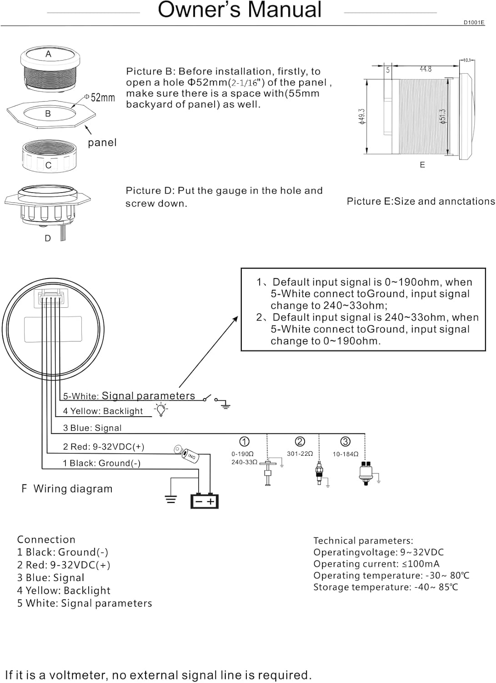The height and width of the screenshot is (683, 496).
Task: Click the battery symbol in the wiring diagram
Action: coord(204,501)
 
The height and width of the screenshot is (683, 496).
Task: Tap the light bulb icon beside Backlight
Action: coord(160,410)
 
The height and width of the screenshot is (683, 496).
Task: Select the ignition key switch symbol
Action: coord(187,454)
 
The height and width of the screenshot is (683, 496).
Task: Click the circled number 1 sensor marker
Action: coord(244,442)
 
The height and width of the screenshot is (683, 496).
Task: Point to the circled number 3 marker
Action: coord(345,442)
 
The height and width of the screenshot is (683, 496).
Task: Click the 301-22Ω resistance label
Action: coord(300,454)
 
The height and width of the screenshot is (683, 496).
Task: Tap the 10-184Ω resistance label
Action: coord(345,454)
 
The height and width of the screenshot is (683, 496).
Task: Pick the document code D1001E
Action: coord(474,22)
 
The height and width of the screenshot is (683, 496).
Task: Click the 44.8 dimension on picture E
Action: coord(425,69)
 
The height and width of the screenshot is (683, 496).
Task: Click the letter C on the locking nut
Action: coord(48,165)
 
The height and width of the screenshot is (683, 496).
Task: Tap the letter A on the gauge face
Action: coord(48,54)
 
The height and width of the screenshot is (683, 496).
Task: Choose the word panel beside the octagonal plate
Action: coord(102,143)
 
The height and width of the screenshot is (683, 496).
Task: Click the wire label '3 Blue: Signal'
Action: coord(92,428)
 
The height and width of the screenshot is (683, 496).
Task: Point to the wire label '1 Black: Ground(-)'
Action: coord(101,463)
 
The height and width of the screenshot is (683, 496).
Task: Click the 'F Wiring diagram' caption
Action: coord(67,489)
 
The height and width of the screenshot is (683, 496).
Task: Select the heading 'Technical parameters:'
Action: coord(363,540)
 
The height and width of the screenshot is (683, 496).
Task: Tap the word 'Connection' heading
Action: coord(46,540)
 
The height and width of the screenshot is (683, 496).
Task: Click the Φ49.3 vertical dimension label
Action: coord(362,117)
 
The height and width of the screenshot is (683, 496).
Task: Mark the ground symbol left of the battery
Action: coord(170,499)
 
